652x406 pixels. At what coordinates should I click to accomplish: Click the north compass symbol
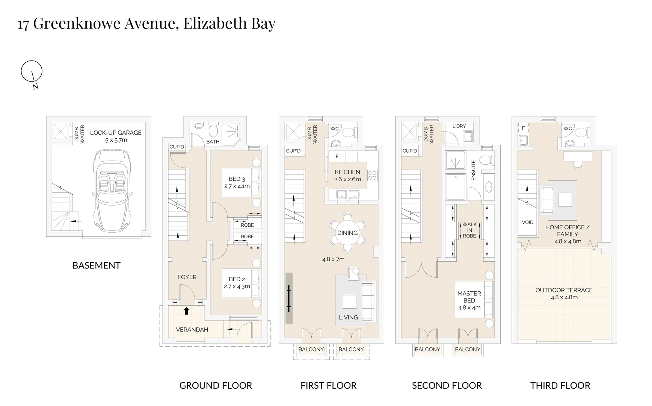click(x=32, y=71)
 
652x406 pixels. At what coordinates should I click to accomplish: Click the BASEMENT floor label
click(x=96, y=265)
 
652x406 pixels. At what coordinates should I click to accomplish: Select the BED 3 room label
click(x=237, y=179)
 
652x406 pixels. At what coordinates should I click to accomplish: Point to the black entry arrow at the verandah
click(x=186, y=311)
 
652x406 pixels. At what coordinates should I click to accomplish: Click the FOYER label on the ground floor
click(x=187, y=277)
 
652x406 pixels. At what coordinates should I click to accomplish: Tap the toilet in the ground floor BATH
click(x=213, y=129)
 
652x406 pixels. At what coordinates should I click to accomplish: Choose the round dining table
click(x=347, y=233)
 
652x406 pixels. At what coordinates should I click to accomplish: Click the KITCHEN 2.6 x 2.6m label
click(x=347, y=176)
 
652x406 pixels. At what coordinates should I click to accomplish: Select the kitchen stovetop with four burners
click(x=373, y=175)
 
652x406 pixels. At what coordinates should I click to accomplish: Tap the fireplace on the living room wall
click(x=289, y=298)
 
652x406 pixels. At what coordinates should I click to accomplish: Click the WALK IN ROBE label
click(x=469, y=230)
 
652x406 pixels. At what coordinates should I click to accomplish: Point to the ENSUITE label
click(x=473, y=170)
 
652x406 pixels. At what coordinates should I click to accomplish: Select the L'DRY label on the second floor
click(x=459, y=126)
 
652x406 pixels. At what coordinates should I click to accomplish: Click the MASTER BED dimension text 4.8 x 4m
click(x=469, y=308)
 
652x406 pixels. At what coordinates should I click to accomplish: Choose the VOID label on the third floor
click(x=527, y=222)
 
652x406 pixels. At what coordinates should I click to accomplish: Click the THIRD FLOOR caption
click(x=560, y=386)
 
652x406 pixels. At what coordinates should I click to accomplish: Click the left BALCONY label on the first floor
click(x=311, y=349)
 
